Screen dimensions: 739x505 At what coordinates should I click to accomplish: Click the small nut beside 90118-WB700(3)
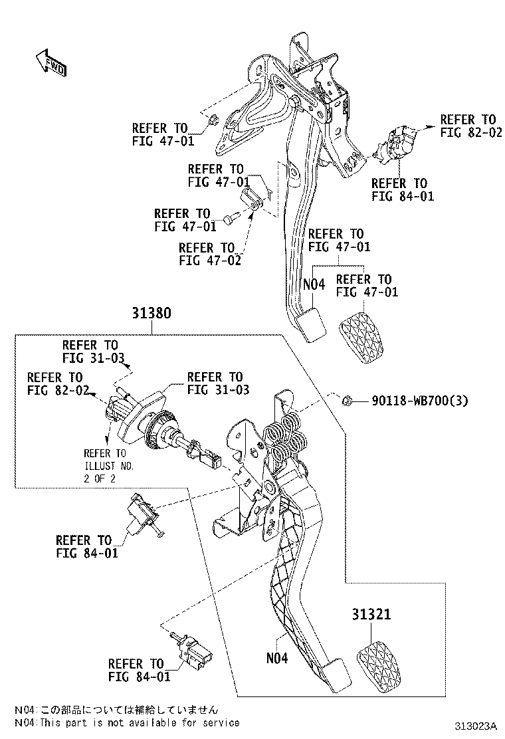coord(346,400)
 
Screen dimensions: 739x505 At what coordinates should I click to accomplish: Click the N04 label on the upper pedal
coord(314,284)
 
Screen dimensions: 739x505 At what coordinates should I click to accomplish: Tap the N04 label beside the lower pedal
coord(277,659)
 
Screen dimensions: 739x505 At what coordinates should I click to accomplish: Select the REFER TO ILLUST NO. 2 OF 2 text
coord(108,466)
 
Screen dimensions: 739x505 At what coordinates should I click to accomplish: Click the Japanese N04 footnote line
coord(116,710)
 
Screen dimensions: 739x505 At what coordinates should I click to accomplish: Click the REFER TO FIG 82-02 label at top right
coord(468,126)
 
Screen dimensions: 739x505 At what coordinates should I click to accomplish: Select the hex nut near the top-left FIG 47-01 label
coord(213,121)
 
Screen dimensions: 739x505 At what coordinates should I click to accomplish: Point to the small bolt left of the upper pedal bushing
coord(231,217)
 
